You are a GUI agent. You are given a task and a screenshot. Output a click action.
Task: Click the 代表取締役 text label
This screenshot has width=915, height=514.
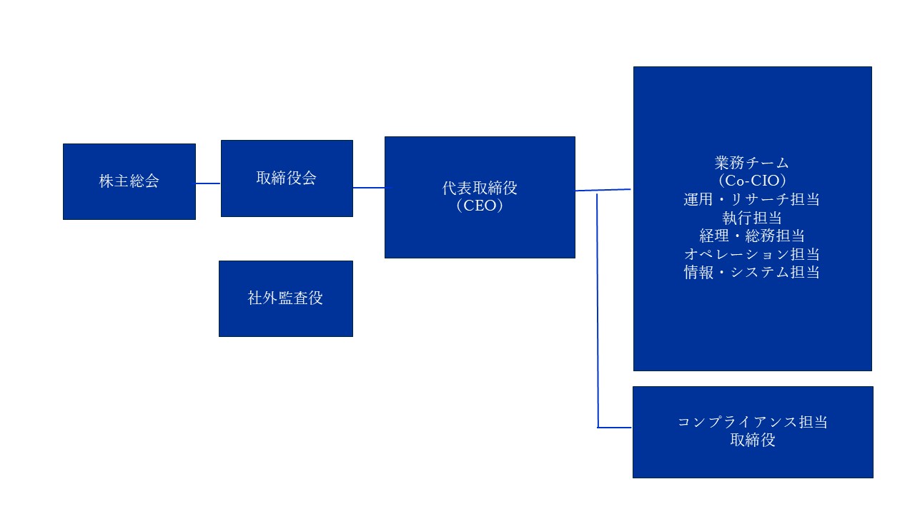(x=480, y=188)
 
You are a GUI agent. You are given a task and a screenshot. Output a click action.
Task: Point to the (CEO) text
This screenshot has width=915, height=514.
(x=480, y=206)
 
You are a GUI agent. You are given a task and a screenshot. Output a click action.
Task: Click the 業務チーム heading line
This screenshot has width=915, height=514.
(x=751, y=163)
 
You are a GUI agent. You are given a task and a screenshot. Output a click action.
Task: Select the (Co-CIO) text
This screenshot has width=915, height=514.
(x=751, y=181)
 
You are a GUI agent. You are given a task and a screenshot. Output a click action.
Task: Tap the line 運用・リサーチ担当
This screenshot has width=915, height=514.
(x=751, y=199)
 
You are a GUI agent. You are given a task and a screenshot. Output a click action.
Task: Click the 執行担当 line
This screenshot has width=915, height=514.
(x=751, y=218)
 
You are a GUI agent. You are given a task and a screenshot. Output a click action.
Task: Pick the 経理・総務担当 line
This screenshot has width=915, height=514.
(x=751, y=236)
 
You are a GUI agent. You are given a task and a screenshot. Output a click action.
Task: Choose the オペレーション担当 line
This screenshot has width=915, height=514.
(x=751, y=254)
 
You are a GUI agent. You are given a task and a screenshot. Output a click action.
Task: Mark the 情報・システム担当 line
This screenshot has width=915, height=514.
(x=751, y=272)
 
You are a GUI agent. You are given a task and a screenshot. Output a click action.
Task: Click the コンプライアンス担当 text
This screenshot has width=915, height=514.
(x=752, y=422)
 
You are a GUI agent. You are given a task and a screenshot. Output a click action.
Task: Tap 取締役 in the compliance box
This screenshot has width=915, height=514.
(x=752, y=440)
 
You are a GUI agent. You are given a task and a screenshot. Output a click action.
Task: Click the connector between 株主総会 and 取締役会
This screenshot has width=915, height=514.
(x=208, y=183)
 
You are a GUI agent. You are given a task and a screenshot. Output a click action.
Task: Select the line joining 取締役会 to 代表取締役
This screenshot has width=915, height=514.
(x=369, y=188)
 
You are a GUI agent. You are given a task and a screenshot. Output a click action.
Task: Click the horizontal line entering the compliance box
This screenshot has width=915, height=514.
(x=615, y=428)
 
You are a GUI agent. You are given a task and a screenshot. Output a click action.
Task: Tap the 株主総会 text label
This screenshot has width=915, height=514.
(x=129, y=181)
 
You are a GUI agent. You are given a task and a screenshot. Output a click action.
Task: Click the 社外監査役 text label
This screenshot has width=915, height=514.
(x=285, y=298)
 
